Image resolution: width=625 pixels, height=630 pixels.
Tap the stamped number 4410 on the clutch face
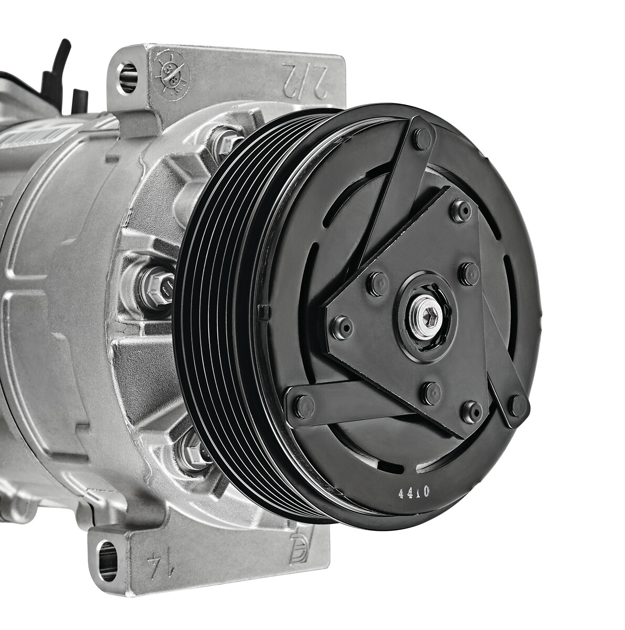coord(414,492)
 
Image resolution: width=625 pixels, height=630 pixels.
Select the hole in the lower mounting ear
coord(108,561)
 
